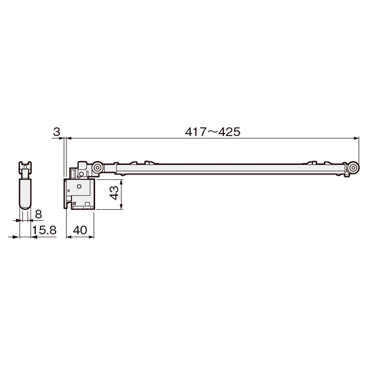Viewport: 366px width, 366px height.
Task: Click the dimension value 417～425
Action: coord(213,132)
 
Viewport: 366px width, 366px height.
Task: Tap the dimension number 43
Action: coord(115,193)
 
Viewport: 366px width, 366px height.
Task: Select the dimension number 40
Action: coord(80,230)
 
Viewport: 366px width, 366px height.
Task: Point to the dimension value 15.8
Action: coord(45,230)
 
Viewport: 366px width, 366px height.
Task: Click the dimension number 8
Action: coord(38,214)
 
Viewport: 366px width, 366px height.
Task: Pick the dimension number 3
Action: coord(57,132)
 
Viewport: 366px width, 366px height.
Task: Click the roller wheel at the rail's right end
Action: coord(353,168)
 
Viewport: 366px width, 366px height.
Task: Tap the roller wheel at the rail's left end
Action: coord(97,168)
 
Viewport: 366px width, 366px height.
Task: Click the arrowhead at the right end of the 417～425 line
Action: coord(356,138)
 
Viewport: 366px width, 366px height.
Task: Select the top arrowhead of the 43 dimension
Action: coord(121,182)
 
